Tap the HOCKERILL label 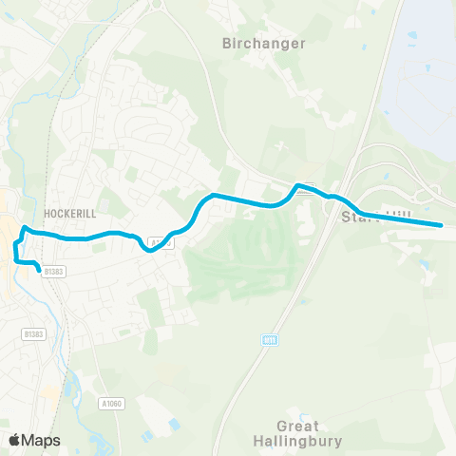(x=66, y=213)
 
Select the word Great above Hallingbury (x=297, y=427)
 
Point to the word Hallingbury (x=297, y=441)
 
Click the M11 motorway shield (x=270, y=339)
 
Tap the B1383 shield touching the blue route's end (x=54, y=272)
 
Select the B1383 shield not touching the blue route (x=33, y=333)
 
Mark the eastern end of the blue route (x=442, y=225)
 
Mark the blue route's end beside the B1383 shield (x=40, y=271)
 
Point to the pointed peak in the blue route (x=298, y=185)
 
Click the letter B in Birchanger (x=226, y=43)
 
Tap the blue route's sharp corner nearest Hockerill (x=25, y=229)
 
